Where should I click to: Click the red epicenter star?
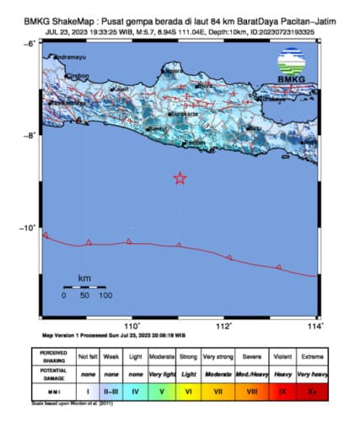pos(179,178)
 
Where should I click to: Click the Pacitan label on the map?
pos(195,143)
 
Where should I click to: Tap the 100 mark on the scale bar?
pos(105,295)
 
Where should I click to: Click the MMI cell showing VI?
pos(189,392)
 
